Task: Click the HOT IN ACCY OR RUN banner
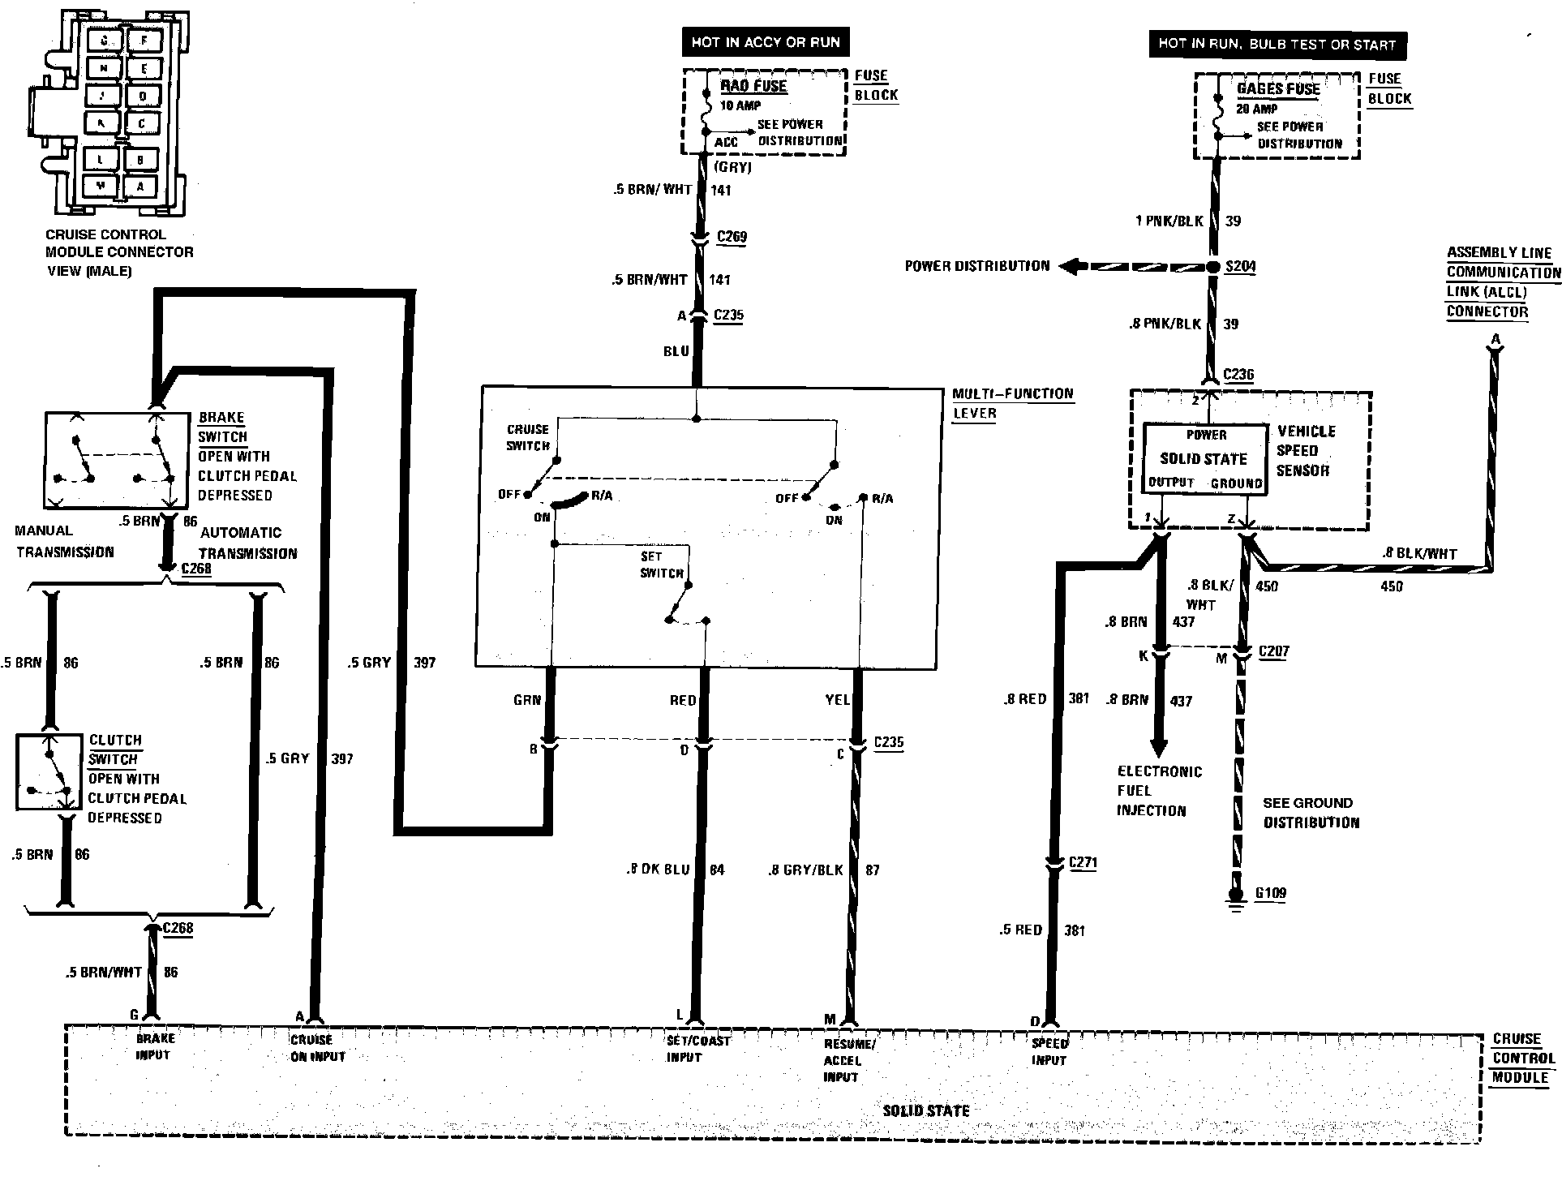(x=766, y=43)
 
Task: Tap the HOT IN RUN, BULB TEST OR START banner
(x=1277, y=45)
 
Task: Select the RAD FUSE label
(x=753, y=87)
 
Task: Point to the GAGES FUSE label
(x=1278, y=89)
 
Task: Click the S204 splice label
(x=1241, y=267)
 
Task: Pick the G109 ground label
(x=1271, y=894)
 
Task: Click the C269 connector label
(x=732, y=237)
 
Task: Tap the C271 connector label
(x=1083, y=862)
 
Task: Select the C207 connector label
(x=1273, y=651)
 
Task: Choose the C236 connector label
(x=1238, y=374)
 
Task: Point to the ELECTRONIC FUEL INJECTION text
(x=1158, y=791)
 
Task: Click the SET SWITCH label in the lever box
(x=661, y=565)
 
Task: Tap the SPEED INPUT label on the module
(x=1049, y=1052)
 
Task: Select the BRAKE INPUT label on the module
(x=154, y=1046)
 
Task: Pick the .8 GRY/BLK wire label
(x=805, y=870)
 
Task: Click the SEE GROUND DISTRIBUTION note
(x=1311, y=813)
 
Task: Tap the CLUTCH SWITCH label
(x=114, y=749)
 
